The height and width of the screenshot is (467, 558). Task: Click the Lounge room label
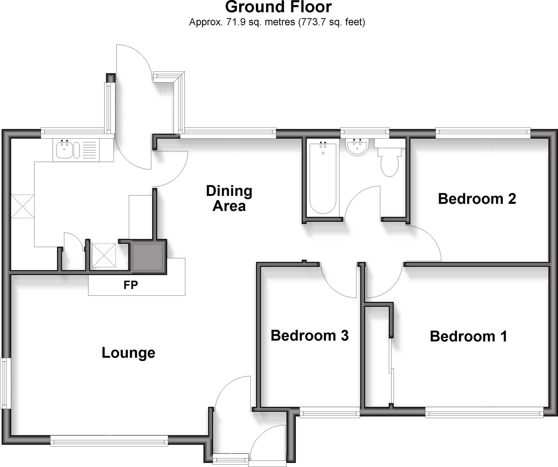pyautogui.click(x=128, y=353)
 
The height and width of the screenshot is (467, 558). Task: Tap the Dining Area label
pyautogui.click(x=229, y=198)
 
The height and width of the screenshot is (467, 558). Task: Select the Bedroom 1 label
pyautogui.click(x=468, y=336)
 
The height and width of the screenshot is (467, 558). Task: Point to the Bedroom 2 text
pyautogui.click(x=477, y=199)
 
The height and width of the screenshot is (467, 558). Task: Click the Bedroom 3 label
pyautogui.click(x=310, y=335)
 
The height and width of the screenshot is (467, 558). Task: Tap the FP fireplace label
pyautogui.click(x=131, y=285)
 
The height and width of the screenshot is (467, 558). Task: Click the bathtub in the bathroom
pyautogui.click(x=323, y=178)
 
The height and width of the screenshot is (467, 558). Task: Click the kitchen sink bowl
pyautogui.click(x=64, y=150)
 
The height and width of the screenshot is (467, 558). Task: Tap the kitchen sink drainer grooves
pyautogui.click(x=89, y=150)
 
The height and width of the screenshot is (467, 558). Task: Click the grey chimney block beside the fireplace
pyautogui.click(x=147, y=257)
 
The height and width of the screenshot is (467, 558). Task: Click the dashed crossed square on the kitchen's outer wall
pyautogui.click(x=23, y=206)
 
